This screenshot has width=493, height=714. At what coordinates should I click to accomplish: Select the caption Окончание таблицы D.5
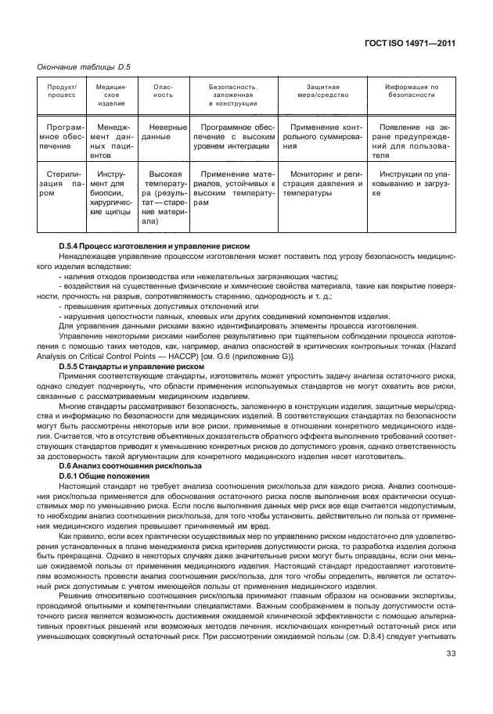84,66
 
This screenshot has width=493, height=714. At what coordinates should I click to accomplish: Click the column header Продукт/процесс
62,91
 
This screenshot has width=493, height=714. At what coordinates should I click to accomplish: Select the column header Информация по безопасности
412,91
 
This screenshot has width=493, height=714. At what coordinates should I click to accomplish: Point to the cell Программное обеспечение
62,136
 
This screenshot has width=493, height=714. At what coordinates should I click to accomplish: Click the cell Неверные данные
162,131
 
